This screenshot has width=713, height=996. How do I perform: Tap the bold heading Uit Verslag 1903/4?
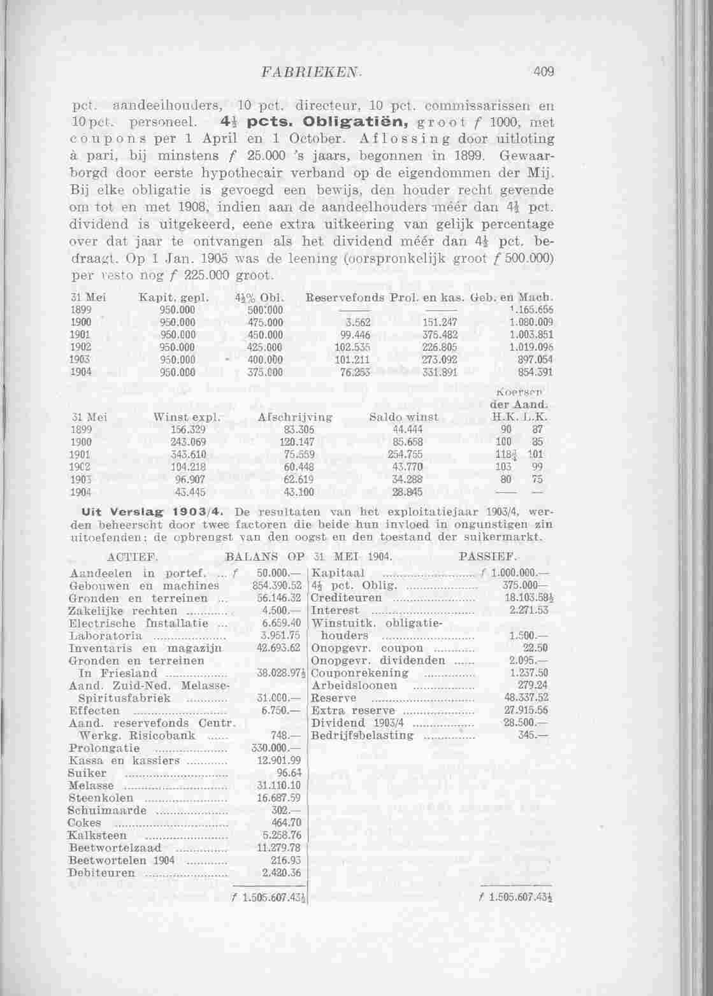click(x=150, y=512)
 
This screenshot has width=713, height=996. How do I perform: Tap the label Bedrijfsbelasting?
click(x=362, y=736)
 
